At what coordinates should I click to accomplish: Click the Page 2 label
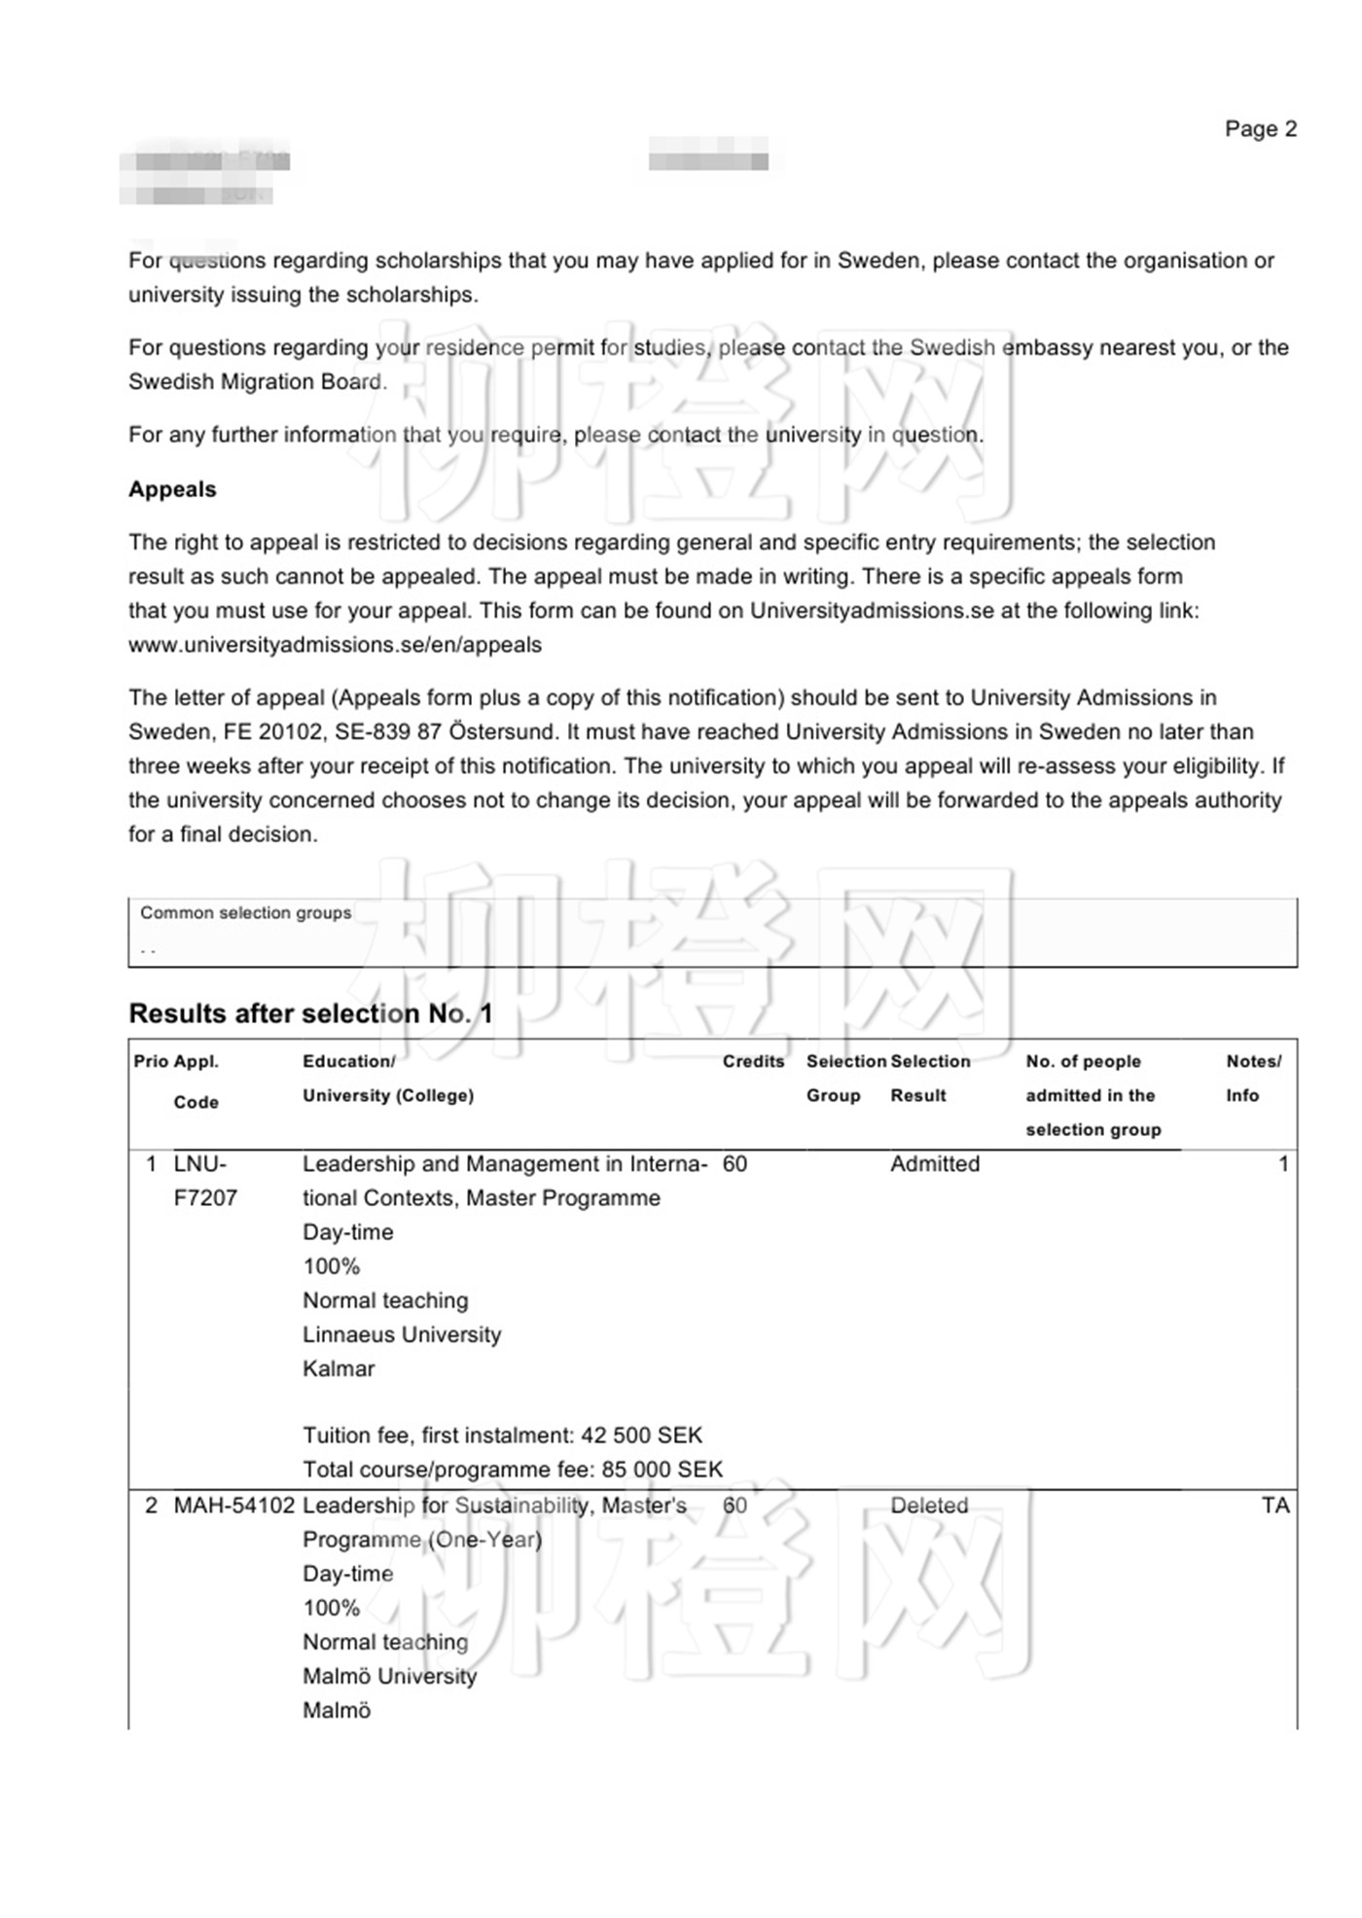tap(1260, 129)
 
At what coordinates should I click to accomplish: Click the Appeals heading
tap(172, 489)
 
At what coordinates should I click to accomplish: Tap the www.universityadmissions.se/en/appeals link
tap(335, 645)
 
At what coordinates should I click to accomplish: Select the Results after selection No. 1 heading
tap(310, 1013)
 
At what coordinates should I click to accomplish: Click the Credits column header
tap(753, 1061)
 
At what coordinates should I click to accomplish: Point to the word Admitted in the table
tap(935, 1164)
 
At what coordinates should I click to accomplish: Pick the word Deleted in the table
tap(929, 1506)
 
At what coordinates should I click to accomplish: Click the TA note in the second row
tap(1274, 1506)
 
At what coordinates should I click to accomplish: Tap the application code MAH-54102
tap(233, 1506)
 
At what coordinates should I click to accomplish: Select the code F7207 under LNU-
tap(205, 1198)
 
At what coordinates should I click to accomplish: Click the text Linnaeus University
tap(402, 1334)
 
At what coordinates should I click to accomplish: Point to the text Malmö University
tap(389, 1676)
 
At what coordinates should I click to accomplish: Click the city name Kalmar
tap(339, 1368)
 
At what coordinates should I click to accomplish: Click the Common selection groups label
tap(245, 912)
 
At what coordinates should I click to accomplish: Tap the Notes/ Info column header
tap(1253, 1078)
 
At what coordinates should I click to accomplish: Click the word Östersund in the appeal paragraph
tap(503, 731)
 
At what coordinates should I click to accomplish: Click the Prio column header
tap(150, 1061)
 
